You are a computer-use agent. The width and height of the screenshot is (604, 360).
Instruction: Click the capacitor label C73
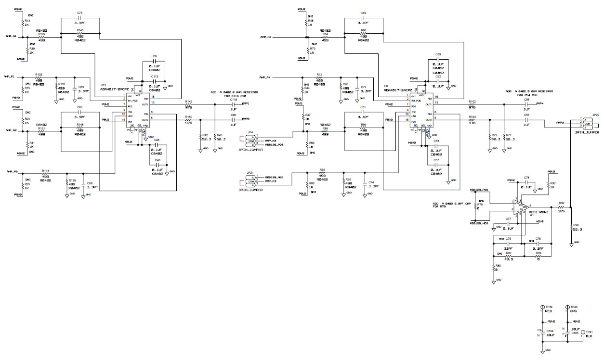[79, 13]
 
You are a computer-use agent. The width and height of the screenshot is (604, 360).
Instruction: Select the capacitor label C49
[363, 13]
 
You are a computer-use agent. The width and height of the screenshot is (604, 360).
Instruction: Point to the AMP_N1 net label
[11, 36]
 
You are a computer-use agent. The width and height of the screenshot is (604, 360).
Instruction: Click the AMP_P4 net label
[264, 77]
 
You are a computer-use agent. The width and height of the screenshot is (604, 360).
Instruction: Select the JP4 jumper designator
[249, 132]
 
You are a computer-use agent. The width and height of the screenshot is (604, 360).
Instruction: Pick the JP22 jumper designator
[595, 115]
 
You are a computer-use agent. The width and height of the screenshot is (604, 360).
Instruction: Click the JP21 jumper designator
[249, 173]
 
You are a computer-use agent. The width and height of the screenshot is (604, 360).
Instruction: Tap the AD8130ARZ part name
[538, 212]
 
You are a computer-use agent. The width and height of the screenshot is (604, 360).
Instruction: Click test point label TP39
[549, 307]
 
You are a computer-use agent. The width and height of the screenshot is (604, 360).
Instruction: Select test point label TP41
[589, 332]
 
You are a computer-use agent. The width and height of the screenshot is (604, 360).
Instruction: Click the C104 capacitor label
[550, 331]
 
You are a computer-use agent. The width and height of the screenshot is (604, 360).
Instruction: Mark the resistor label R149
[188, 102]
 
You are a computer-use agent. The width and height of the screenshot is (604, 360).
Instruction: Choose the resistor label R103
[472, 116]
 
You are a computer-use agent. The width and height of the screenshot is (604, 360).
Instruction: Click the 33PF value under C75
[508, 249]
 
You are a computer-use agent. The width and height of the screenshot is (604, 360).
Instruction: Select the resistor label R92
[561, 204]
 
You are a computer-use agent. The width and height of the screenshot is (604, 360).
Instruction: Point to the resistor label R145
[79, 30]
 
